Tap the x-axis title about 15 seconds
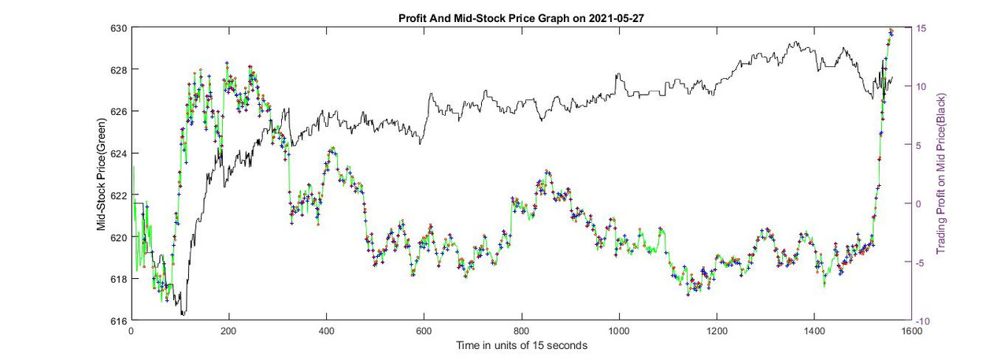[521, 345]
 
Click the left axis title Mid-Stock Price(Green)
[102, 174]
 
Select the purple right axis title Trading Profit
[940, 174]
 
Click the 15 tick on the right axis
[920, 28]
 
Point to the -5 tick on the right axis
[921, 262]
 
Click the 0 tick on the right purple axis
[917, 204]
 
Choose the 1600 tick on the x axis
[911, 331]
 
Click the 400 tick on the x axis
[327, 331]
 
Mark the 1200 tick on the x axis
[716, 331]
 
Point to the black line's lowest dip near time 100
[183, 314]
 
